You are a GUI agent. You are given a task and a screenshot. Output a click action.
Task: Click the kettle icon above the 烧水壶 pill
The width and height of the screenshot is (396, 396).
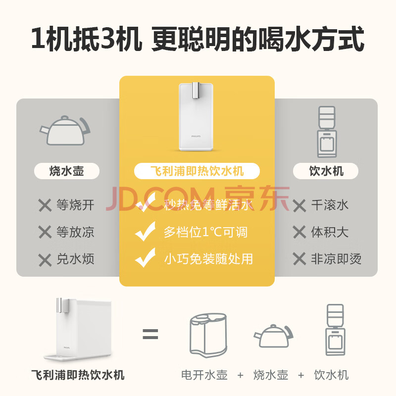[65, 131]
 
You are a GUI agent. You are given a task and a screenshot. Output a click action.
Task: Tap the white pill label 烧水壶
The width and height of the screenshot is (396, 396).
[67, 171]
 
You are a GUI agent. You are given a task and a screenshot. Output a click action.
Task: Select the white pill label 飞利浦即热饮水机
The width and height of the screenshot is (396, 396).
[197, 171]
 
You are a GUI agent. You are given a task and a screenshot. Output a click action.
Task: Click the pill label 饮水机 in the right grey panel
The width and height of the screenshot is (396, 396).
[326, 171]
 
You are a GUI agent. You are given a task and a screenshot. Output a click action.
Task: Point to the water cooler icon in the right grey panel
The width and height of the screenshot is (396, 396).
[327, 132]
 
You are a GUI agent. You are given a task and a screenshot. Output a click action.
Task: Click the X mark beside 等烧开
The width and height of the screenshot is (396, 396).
[45, 205]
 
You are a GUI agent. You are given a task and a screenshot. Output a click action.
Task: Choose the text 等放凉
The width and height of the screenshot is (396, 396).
[75, 232]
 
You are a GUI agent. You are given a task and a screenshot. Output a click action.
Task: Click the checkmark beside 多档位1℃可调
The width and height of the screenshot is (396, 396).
[146, 231]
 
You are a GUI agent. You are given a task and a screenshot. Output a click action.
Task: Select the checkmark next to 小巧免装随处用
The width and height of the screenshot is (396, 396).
[146, 257]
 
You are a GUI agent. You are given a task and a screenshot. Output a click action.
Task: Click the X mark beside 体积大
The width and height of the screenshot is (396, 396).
[299, 232]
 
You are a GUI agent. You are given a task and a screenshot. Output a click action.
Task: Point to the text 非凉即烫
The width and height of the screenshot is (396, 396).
[336, 259]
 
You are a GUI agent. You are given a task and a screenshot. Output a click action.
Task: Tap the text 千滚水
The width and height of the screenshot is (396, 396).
[330, 205]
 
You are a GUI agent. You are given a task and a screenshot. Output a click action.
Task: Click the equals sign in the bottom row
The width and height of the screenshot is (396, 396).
[150, 334]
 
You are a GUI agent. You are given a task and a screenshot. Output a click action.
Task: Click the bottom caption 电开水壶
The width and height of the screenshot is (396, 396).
[204, 375]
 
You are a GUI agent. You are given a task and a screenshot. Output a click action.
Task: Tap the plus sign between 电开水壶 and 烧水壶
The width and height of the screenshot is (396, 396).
[241, 375]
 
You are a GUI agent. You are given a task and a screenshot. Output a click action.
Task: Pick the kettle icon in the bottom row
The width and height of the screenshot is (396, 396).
[274, 336]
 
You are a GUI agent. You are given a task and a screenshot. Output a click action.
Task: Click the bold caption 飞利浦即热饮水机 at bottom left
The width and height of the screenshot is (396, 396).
[78, 375]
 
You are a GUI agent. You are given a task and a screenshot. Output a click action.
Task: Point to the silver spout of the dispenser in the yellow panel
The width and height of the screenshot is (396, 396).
[196, 90]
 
